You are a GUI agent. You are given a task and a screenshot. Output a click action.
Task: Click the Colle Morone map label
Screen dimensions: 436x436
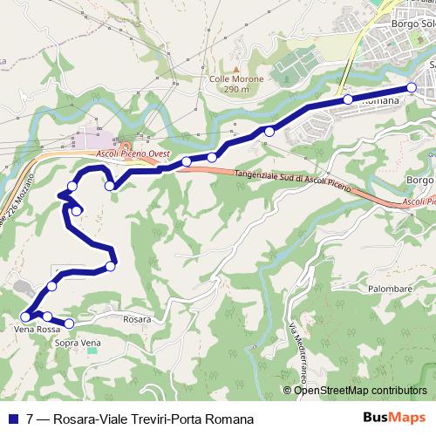click(x=236, y=78)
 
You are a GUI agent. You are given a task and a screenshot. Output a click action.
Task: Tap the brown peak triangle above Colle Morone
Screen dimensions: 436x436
click(x=235, y=67)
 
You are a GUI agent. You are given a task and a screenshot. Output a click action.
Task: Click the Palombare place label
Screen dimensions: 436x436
click(x=389, y=288)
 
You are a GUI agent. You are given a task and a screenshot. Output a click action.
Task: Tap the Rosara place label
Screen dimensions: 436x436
click(x=136, y=319)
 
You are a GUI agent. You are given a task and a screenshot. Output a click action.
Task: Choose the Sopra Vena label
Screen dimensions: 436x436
click(x=78, y=344)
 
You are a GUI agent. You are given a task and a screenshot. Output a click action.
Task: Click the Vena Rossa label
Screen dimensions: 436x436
click(x=37, y=330)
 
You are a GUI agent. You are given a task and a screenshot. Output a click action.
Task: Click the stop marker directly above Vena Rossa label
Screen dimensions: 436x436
click(x=25, y=317)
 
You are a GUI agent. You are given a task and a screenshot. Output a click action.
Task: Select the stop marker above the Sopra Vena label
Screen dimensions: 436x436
click(x=69, y=324)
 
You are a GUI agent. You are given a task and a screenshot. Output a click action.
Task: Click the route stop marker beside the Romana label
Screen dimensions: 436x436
click(x=348, y=99)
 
